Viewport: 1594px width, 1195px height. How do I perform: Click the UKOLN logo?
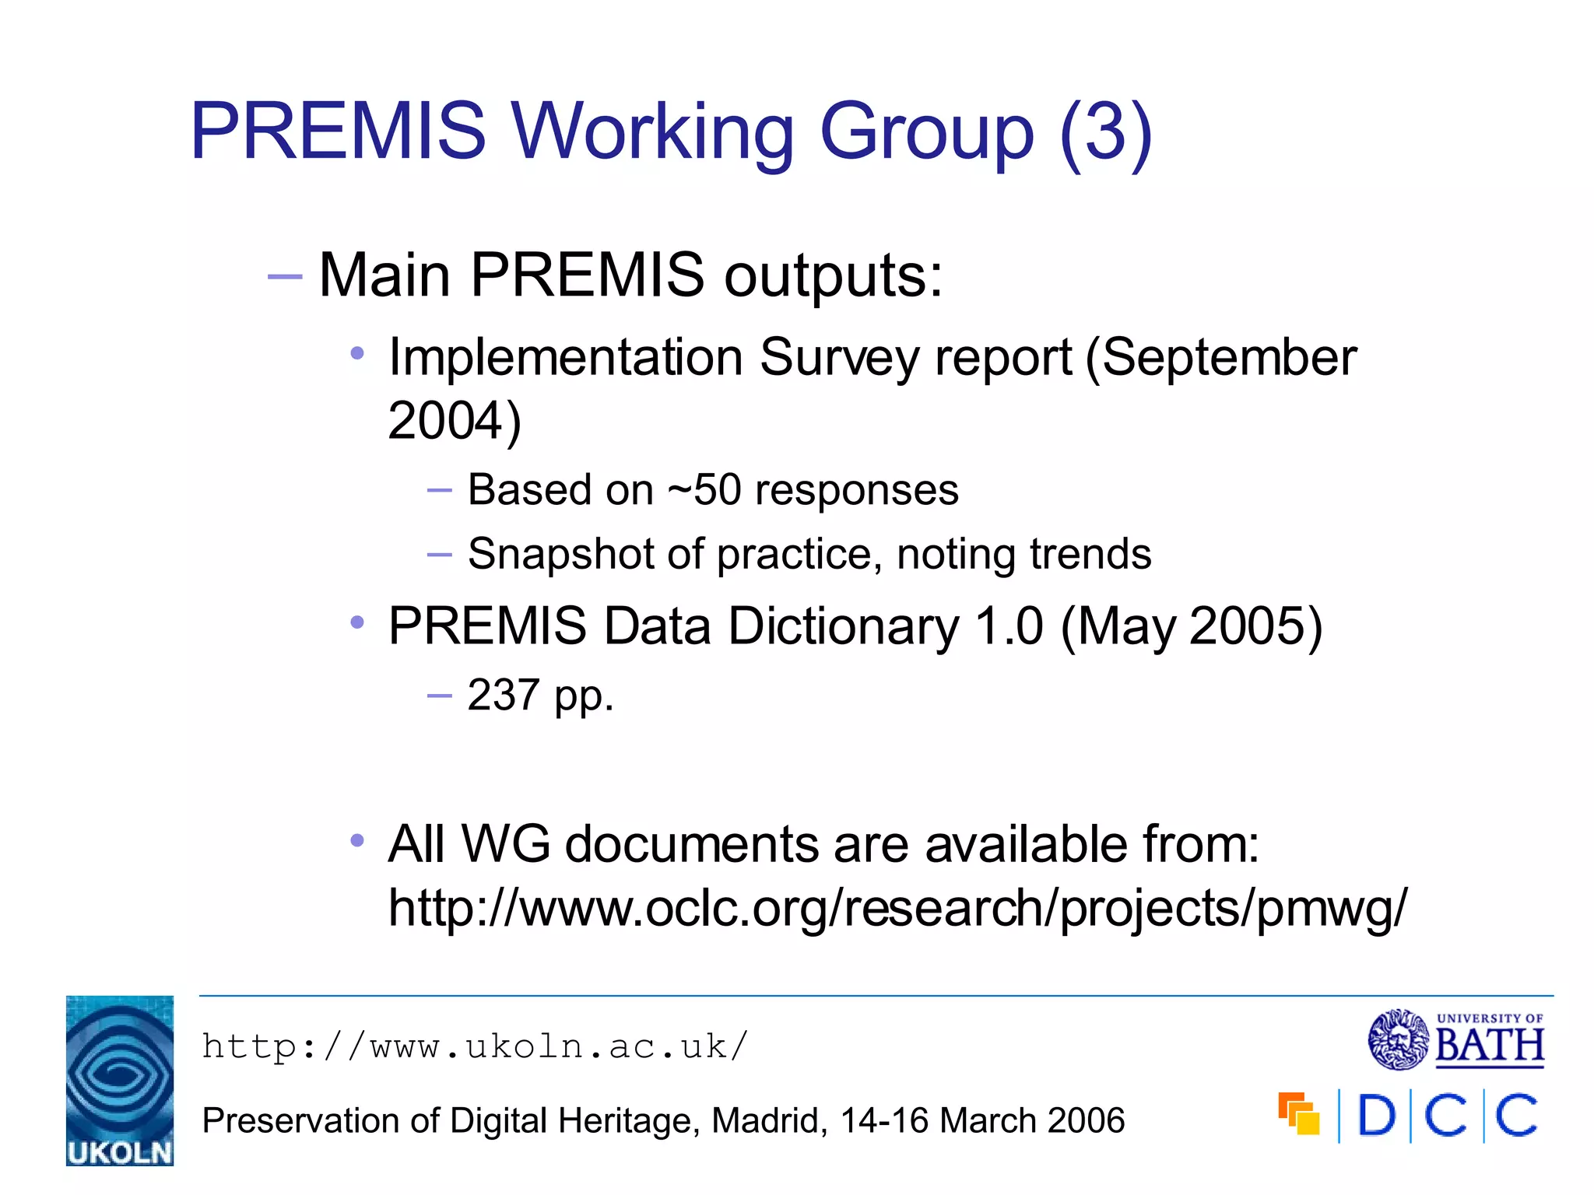(x=120, y=1080)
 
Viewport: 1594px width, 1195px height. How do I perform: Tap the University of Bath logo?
(x=1456, y=1039)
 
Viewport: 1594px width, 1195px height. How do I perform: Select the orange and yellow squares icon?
(x=1298, y=1114)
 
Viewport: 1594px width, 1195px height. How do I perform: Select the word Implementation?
(x=565, y=358)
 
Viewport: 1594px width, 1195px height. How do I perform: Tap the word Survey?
(x=839, y=358)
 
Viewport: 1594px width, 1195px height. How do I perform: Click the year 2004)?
(x=455, y=421)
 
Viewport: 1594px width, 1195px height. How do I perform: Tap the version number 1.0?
(x=1009, y=626)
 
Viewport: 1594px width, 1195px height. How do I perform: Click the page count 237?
(x=503, y=695)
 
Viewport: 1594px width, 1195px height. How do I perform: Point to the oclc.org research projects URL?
(x=897, y=908)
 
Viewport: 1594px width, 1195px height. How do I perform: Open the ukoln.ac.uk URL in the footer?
(x=475, y=1046)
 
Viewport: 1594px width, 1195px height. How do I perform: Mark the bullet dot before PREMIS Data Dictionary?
(x=357, y=622)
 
